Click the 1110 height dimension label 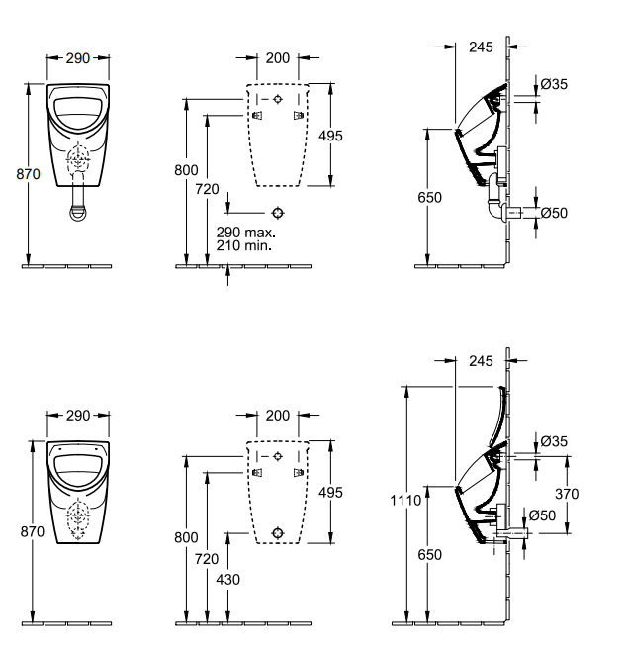pyautogui.click(x=405, y=500)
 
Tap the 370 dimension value pyautogui.click(x=567, y=494)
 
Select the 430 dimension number pyautogui.click(x=228, y=580)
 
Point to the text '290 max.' pyautogui.click(x=246, y=232)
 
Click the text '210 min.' pyautogui.click(x=244, y=245)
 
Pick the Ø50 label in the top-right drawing pyautogui.click(x=554, y=213)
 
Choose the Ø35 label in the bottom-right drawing pyautogui.click(x=554, y=441)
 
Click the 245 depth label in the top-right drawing pyautogui.click(x=481, y=47)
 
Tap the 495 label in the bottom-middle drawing pyautogui.click(x=330, y=493)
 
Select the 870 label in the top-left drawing pyautogui.click(x=28, y=174)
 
